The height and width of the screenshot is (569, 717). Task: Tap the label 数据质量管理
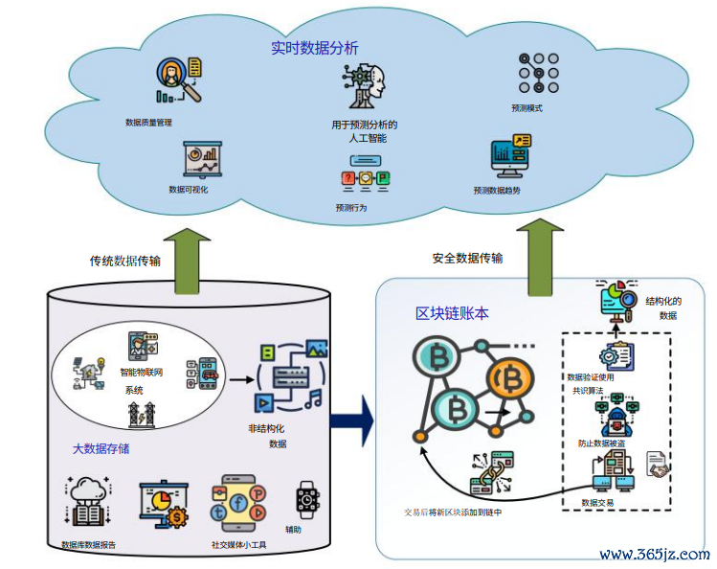click(148, 123)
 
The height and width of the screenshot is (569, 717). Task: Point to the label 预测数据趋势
click(497, 191)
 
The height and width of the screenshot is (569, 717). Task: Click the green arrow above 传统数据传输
click(189, 260)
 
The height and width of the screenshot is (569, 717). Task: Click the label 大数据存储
click(101, 447)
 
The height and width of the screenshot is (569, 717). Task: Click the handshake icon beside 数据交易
click(659, 467)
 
